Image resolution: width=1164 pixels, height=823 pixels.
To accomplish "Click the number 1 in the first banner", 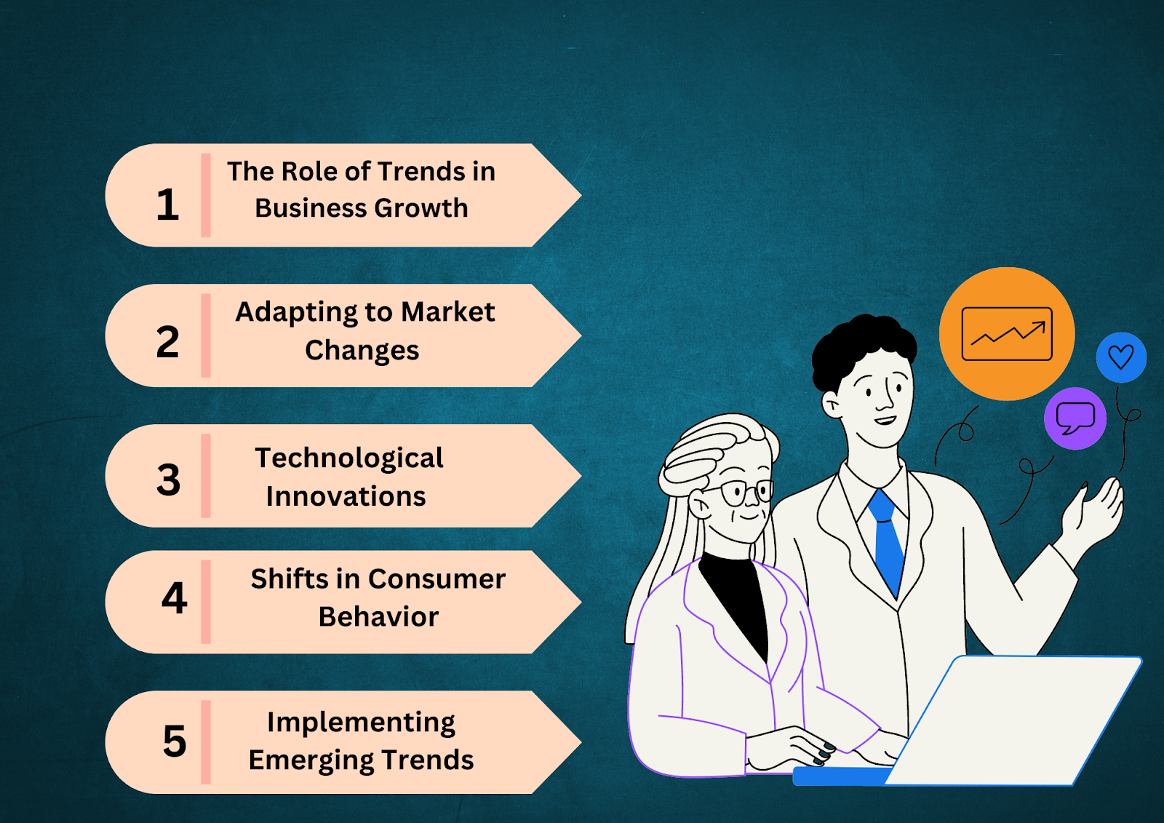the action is pyautogui.click(x=168, y=204).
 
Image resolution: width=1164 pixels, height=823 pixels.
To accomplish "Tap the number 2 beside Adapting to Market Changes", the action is pyautogui.click(x=168, y=342).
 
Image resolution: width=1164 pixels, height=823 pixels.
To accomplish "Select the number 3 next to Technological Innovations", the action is pyautogui.click(x=168, y=480).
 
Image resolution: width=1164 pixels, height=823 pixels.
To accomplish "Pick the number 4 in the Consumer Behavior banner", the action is pyautogui.click(x=174, y=598).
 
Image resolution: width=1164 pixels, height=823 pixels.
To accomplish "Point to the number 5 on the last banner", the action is pyautogui.click(x=175, y=741).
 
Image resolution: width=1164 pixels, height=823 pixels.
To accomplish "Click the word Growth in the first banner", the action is pyautogui.click(x=421, y=208).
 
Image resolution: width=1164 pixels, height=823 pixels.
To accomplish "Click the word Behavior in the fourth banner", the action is pyautogui.click(x=378, y=617).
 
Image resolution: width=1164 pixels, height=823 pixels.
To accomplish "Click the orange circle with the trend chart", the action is pyautogui.click(x=1007, y=334).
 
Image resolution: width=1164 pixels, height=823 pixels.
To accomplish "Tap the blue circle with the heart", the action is pyautogui.click(x=1121, y=357).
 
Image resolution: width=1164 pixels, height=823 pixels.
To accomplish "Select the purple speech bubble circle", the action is pyautogui.click(x=1075, y=418).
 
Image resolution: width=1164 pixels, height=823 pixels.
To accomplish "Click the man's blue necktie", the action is pyautogui.click(x=888, y=541).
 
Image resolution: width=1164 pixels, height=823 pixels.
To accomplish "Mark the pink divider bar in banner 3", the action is pyautogui.click(x=206, y=476).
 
